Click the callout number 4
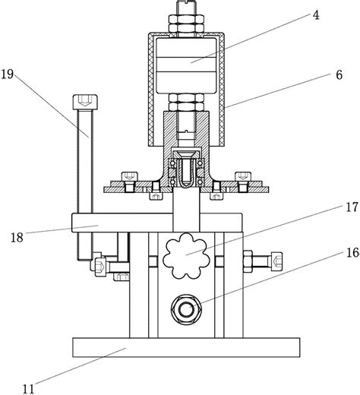(x=316, y=15)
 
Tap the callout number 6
(x=339, y=75)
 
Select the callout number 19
(x=7, y=74)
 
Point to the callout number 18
(x=17, y=238)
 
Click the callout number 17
(x=352, y=207)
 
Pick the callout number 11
(x=28, y=389)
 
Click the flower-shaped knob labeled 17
(x=186, y=256)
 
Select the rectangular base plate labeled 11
(x=186, y=347)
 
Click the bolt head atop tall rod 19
(x=85, y=102)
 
